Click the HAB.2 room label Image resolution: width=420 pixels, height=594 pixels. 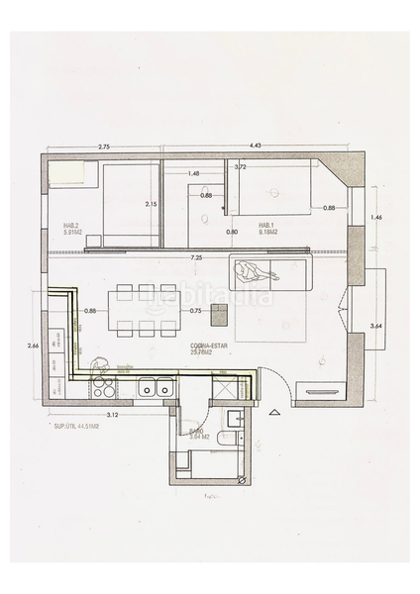pos(71,229)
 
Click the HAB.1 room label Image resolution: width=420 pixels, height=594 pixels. pos(266,229)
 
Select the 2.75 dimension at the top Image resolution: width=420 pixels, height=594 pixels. pos(104,147)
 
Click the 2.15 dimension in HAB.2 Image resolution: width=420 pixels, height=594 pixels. pos(152,204)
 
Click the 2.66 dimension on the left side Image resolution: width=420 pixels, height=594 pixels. pos(33,346)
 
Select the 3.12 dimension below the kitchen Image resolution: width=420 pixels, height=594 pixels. pos(112,415)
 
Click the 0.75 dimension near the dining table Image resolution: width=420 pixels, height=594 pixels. pos(197,311)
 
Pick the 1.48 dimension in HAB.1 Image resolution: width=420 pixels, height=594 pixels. pos(193,174)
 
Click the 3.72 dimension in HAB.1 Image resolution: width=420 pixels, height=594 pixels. pos(240,167)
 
